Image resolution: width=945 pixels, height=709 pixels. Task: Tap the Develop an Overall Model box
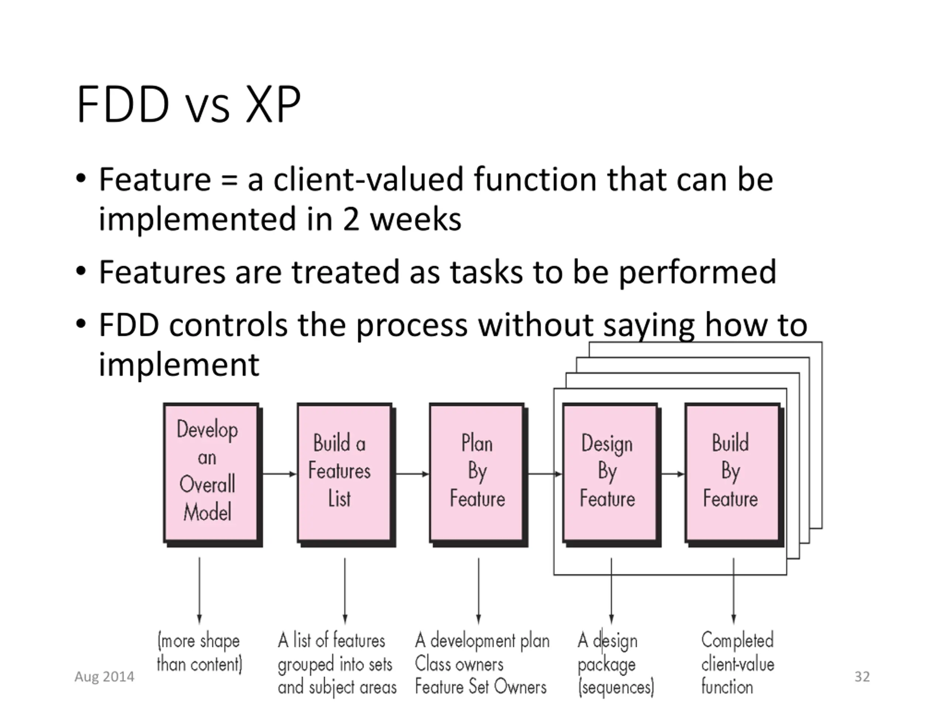tap(212, 475)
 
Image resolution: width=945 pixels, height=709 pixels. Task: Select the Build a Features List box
tap(346, 475)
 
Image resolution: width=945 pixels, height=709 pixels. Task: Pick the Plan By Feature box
tap(478, 475)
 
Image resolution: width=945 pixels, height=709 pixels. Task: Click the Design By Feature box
tap(611, 475)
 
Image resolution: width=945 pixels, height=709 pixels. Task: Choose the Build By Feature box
tap(734, 475)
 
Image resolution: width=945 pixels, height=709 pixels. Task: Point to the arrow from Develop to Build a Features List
tap(279, 474)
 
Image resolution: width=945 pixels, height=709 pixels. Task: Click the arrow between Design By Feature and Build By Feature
tap(673, 474)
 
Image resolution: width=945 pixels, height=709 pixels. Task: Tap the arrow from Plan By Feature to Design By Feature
tap(545, 474)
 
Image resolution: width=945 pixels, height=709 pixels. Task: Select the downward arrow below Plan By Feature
tap(478, 590)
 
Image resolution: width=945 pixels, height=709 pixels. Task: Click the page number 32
tap(862, 677)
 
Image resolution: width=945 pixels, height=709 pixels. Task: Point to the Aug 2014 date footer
tap(104, 677)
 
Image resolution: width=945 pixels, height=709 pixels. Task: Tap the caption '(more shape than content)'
tap(199, 653)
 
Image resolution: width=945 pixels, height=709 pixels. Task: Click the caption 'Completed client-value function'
tap(738, 663)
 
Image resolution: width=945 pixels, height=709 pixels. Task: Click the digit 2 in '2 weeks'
tap(351, 220)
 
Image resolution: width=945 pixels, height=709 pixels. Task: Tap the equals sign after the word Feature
tap(229, 180)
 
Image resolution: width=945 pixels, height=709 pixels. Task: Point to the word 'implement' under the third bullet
tap(179, 364)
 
